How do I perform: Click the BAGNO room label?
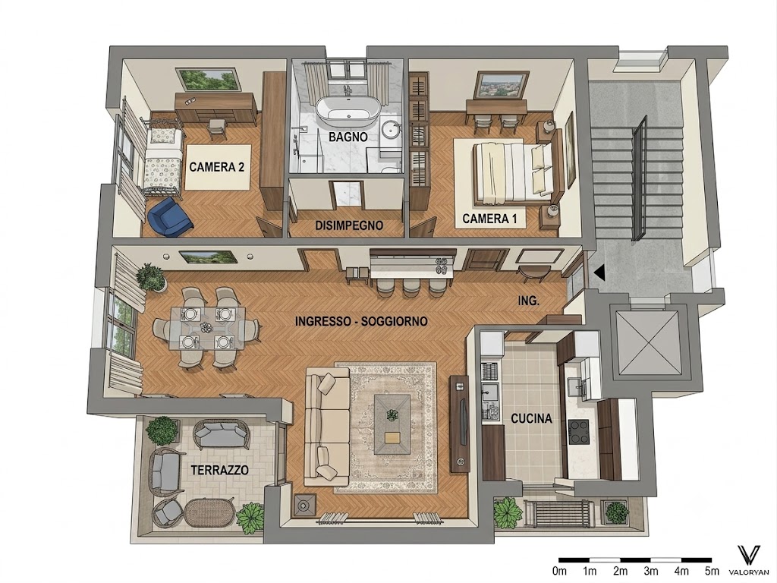coord(348,137)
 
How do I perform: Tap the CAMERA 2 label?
coord(216,167)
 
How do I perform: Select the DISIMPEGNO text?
coord(349,225)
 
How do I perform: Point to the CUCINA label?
coord(531,419)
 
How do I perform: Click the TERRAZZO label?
coord(219,470)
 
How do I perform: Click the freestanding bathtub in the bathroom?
coord(348,110)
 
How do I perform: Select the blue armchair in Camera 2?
coord(169,217)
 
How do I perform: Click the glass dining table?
coord(207,328)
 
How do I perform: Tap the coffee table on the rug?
coord(392,424)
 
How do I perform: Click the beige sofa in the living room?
coord(327,427)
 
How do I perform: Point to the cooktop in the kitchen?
coord(578,431)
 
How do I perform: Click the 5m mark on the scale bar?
coord(712,571)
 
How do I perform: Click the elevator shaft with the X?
coord(649,342)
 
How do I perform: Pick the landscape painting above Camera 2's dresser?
coord(209,80)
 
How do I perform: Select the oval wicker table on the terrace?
coord(209,513)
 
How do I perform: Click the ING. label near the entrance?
coord(528,301)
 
